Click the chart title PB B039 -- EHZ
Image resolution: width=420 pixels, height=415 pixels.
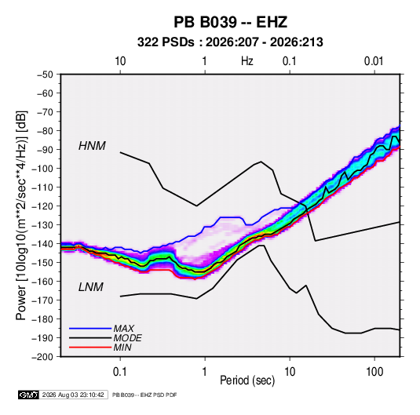(x=230, y=22)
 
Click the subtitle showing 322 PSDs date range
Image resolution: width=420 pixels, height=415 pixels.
(x=230, y=42)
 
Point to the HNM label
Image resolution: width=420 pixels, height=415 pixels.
(x=92, y=146)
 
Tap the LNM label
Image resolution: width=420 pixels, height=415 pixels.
(x=90, y=287)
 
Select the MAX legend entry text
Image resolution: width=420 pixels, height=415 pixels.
(x=123, y=328)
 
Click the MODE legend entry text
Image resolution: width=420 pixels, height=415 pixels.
(x=127, y=338)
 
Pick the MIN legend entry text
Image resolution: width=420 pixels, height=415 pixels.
(x=122, y=348)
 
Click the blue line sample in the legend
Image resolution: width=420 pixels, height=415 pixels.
(x=90, y=329)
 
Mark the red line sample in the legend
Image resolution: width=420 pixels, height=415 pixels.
(x=90, y=348)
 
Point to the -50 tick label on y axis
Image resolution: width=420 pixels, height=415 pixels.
(x=45, y=75)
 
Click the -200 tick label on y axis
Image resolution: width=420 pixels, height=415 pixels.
(x=42, y=357)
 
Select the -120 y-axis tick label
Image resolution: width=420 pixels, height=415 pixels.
(x=42, y=206)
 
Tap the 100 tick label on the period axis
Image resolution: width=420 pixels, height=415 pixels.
(x=374, y=372)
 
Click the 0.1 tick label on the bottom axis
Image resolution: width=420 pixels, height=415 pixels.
(x=120, y=372)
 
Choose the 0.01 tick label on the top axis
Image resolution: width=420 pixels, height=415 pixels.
(x=374, y=61)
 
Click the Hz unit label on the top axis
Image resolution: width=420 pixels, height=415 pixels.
(x=247, y=61)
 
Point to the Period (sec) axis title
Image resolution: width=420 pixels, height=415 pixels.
(x=247, y=380)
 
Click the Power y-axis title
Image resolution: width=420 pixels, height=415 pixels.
(x=21, y=215)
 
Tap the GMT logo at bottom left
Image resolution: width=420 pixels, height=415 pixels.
(x=29, y=395)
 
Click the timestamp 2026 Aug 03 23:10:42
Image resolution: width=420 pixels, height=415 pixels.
(x=73, y=395)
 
